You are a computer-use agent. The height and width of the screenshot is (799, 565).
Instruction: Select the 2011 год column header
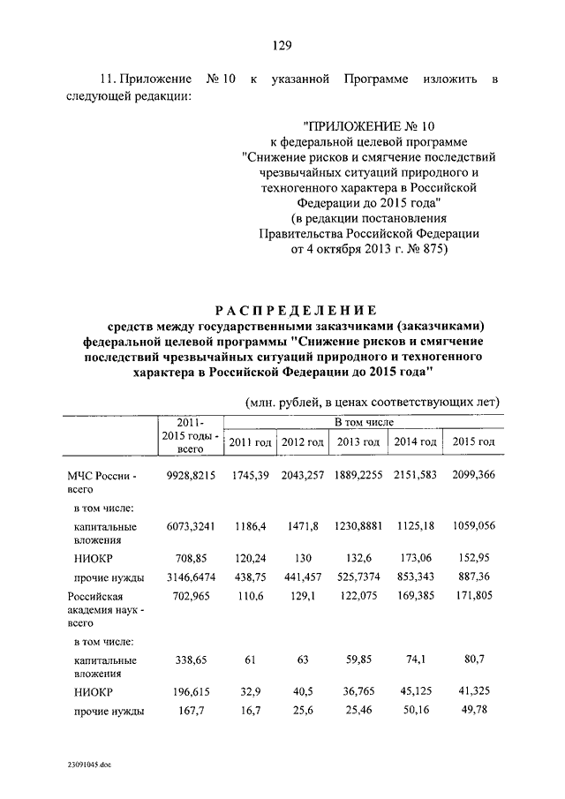point(249,441)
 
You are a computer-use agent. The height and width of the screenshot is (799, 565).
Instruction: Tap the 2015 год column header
point(473,441)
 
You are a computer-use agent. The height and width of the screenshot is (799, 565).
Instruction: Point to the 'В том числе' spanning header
point(361,425)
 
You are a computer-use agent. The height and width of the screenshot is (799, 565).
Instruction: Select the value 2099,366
point(473,476)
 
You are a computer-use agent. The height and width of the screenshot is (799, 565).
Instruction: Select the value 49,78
point(473,711)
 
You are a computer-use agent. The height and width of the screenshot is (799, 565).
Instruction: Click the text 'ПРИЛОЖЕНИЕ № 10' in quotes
point(369,126)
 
